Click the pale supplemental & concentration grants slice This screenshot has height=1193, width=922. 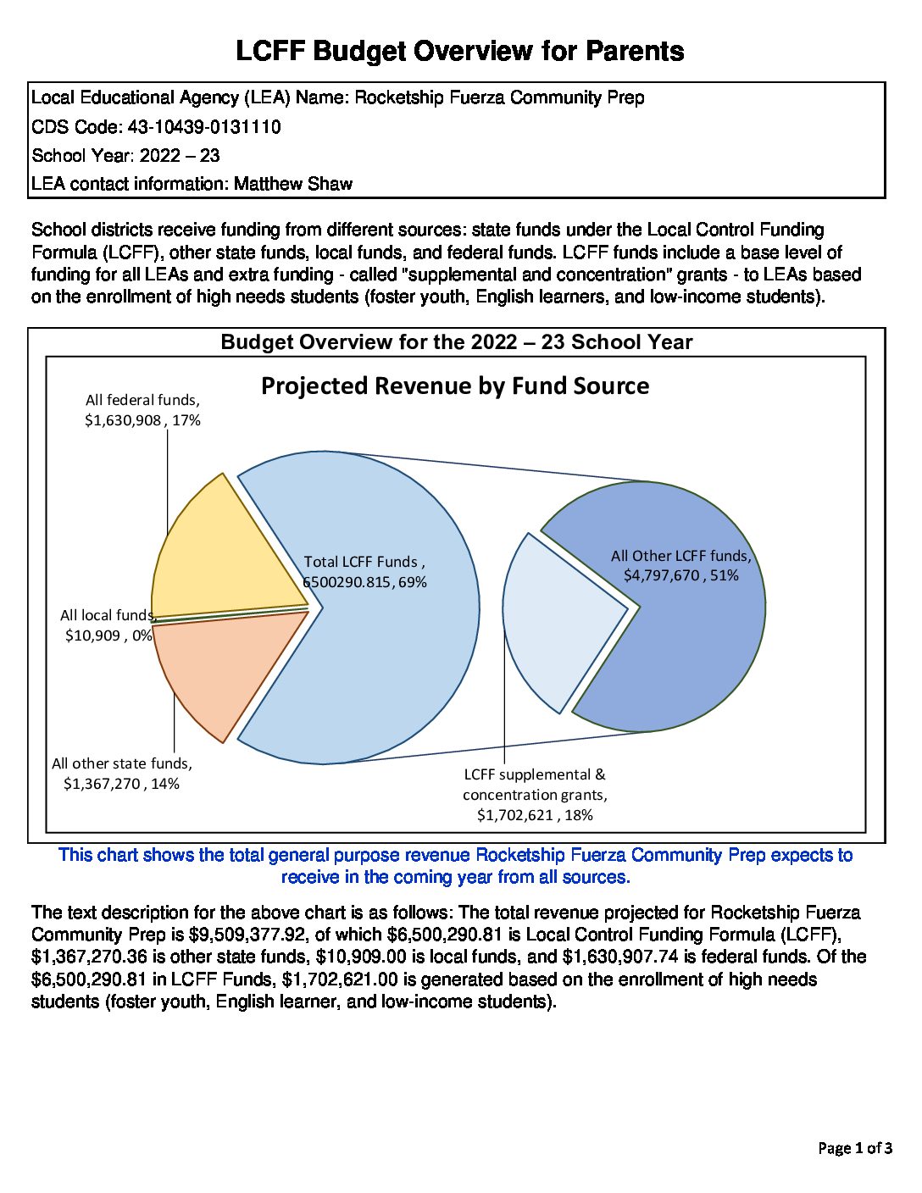559,619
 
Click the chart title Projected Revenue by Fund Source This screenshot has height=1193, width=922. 455,386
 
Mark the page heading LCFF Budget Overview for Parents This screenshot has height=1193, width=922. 460,51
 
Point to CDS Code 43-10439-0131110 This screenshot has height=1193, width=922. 203,127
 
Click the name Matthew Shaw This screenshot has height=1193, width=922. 293,184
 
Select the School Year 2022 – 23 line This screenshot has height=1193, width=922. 125,156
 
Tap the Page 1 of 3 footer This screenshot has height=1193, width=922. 854,1148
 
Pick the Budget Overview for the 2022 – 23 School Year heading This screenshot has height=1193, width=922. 457,342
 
